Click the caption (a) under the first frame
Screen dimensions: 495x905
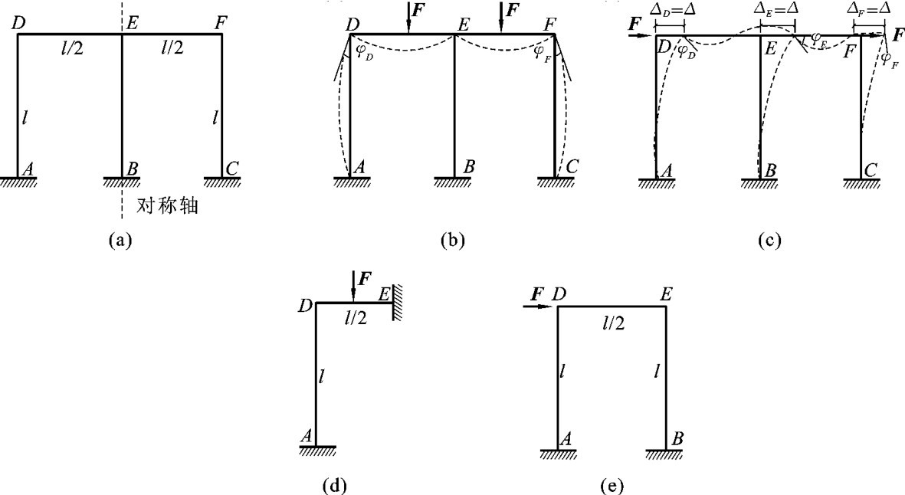point(121,240)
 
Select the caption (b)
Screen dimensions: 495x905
point(452,240)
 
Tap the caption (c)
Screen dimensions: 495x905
point(769,240)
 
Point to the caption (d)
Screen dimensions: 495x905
point(333,485)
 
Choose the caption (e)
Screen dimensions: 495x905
point(612,485)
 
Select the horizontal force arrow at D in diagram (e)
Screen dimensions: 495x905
point(539,307)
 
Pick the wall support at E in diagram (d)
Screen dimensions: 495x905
point(397,302)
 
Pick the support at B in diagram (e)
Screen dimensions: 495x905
point(664,454)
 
